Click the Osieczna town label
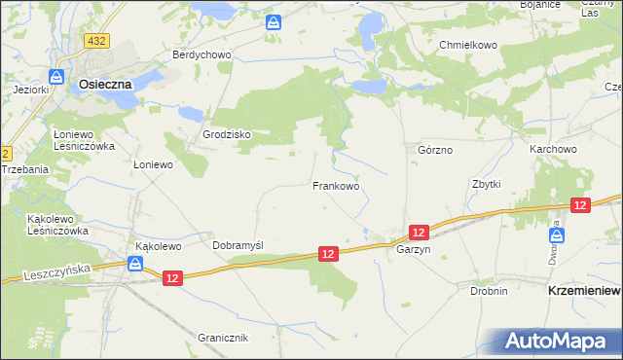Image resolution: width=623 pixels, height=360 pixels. tap(105, 85)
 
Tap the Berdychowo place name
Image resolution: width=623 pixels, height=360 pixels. tap(202, 54)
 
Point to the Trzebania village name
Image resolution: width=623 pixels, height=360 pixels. tap(24, 169)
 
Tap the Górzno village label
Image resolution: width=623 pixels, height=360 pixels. tap(435, 151)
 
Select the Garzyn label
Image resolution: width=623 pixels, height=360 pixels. tap(413, 250)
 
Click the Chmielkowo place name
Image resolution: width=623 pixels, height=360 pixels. tap(468, 45)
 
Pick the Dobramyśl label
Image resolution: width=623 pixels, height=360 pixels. tap(239, 245)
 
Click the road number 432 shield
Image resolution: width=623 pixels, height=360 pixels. tap(96, 41)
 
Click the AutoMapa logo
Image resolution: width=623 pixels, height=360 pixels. tap(560, 341)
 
